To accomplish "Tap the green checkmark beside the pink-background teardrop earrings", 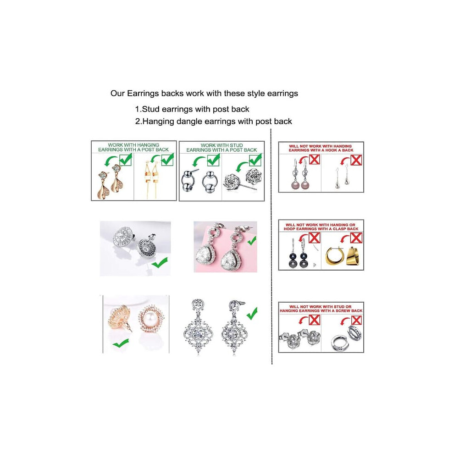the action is click(x=252, y=240).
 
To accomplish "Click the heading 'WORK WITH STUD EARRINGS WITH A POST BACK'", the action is click(x=221, y=147).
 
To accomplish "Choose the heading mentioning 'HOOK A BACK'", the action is click(x=321, y=148).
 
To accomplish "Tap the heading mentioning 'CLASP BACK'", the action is click(x=321, y=227).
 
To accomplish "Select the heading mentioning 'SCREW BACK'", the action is click(x=321, y=308).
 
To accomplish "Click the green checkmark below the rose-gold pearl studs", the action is click(x=121, y=343).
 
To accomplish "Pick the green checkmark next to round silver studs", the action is click(x=159, y=262).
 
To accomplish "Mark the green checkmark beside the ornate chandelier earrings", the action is click(x=252, y=313).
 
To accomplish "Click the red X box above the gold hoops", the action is click(x=356, y=238).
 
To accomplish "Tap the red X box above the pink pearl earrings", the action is click(x=315, y=159).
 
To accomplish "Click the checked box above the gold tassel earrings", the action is click(x=167, y=160).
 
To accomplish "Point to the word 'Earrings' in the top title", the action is click(x=143, y=94).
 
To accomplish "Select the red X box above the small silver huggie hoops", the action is click(x=356, y=320).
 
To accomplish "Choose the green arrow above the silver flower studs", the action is click(x=242, y=166).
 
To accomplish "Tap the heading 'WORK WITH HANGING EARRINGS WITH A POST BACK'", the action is click(x=133, y=147).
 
